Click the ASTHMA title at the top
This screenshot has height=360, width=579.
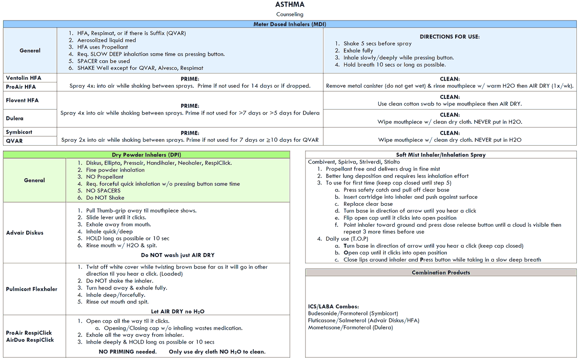click(x=289, y=5)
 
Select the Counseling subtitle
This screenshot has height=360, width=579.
click(x=289, y=14)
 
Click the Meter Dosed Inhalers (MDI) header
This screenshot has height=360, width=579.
click(x=289, y=24)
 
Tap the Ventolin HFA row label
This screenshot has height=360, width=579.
click(x=24, y=78)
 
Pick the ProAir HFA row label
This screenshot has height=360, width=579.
click(x=21, y=87)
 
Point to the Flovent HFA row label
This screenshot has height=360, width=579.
click(x=22, y=100)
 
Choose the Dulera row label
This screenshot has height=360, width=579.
click(x=15, y=119)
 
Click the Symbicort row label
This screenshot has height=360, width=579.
click(x=19, y=132)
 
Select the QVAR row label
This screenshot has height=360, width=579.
click(x=14, y=141)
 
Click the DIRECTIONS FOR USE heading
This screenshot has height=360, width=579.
click(x=450, y=37)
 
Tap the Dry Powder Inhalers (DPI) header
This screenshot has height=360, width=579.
click(x=146, y=155)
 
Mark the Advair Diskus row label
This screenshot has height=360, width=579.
click(x=25, y=233)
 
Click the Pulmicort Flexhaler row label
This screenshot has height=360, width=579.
click(x=32, y=289)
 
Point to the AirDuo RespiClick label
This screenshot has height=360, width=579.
click(x=30, y=340)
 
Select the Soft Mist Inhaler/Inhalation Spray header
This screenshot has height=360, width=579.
click(x=440, y=155)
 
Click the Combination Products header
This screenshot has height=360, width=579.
click(x=440, y=272)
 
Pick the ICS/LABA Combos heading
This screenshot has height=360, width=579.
click(x=334, y=307)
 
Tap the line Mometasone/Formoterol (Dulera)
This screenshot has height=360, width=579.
click(x=351, y=327)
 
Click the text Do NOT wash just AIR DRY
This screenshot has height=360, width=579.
click(x=178, y=255)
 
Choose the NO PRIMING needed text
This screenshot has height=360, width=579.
click(x=127, y=352)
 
